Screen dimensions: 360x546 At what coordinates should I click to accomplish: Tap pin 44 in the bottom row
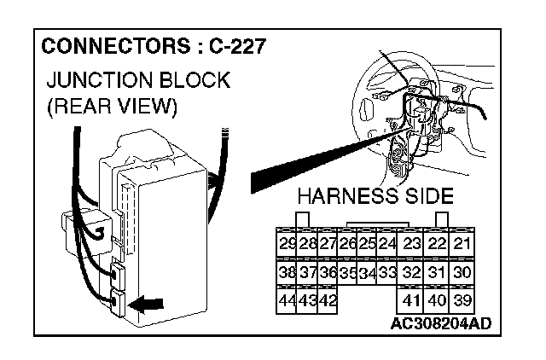[288, 301]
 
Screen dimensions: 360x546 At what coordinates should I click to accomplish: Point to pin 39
[463, 301]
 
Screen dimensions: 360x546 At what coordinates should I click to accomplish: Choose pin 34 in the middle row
[368, 274]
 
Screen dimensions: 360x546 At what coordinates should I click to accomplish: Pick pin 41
[412, 301]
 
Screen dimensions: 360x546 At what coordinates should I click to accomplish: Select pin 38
[288, 273]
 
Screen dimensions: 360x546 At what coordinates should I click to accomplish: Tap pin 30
[463, 273]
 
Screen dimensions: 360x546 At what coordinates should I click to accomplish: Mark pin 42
[328, 301]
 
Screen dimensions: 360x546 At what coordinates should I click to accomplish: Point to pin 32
[412, 273]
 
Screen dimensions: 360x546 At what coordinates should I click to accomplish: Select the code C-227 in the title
[230, 45]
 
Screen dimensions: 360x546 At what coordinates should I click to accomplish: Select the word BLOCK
[199, 82]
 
